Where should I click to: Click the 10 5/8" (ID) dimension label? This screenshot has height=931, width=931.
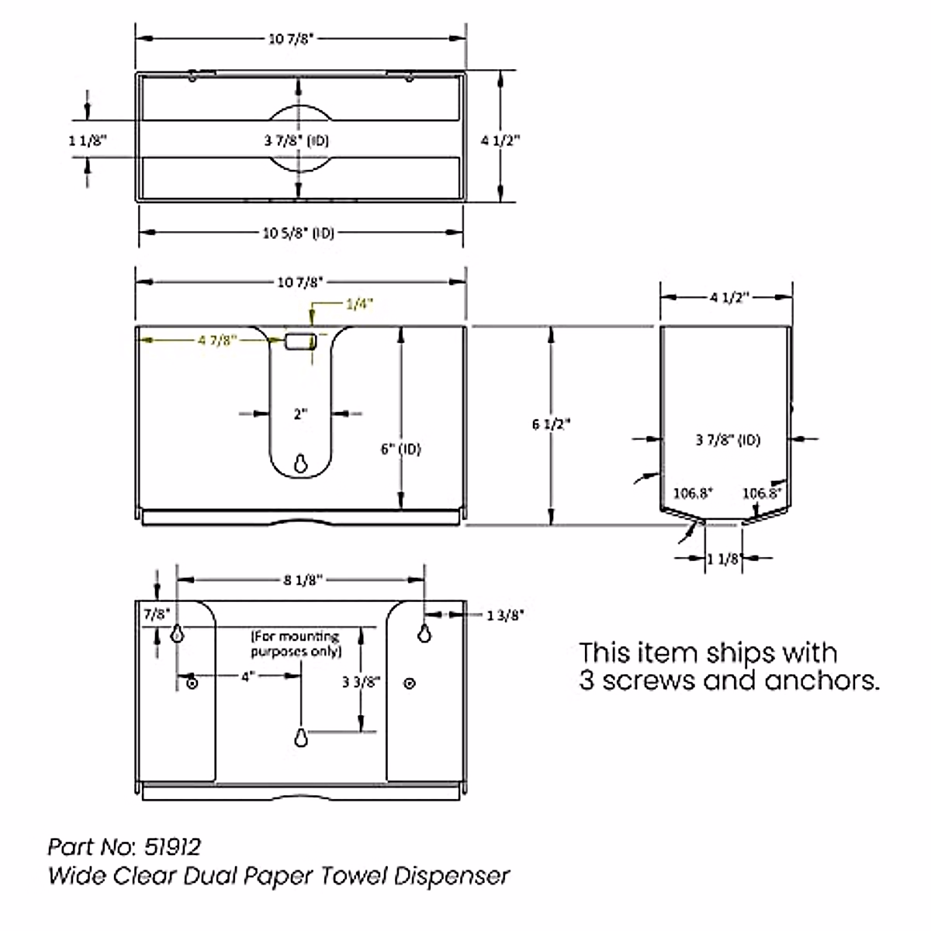point(298,233)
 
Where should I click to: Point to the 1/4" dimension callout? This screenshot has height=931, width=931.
point(360,305)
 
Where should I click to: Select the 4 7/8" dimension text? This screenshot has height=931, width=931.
point(216,340)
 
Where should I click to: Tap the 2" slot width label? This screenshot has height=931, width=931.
point(301,414)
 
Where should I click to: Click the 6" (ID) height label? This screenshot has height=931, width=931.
point(400,449)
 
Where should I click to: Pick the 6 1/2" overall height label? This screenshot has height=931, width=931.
point(551,424)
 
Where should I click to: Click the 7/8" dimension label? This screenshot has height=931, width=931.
point(156,614)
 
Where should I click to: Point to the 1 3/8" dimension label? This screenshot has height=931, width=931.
point(505,615)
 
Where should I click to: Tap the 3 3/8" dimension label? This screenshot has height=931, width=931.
point(361,682)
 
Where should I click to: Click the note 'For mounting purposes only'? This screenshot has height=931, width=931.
point(296,644)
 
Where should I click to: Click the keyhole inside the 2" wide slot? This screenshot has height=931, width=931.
point(300,463)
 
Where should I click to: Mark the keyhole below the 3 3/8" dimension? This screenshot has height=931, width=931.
point(301,736)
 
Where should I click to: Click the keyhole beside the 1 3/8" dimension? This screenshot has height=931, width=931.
point(424,632)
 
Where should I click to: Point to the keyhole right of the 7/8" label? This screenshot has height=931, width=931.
point(178,633)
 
